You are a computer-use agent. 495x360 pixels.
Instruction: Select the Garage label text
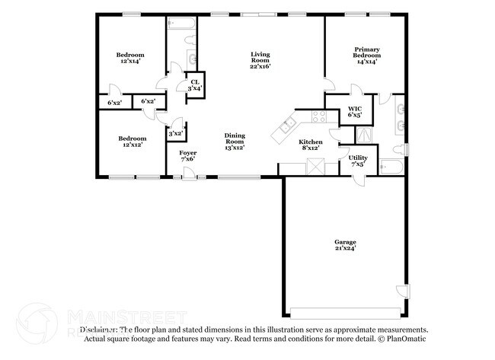coord(344,241)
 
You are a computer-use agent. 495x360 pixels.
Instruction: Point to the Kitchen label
coord(310,142)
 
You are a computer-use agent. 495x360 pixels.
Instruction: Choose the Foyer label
coord(187,153)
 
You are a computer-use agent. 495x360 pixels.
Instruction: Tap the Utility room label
coord(358,158)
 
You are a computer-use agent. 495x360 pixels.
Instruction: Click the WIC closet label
coord(355,110)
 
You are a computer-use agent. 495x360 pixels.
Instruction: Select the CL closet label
coord(195,81)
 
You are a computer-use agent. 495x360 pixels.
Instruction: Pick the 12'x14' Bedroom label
coord(130,55)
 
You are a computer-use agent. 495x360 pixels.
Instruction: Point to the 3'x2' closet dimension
coord(175,133)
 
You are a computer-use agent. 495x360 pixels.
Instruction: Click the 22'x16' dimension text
coord(261,65)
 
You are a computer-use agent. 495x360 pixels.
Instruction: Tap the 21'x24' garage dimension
coord(344,248)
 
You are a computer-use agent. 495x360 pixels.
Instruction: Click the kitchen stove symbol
coord(319,117)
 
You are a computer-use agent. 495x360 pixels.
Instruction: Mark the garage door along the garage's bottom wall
coord(343,312)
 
